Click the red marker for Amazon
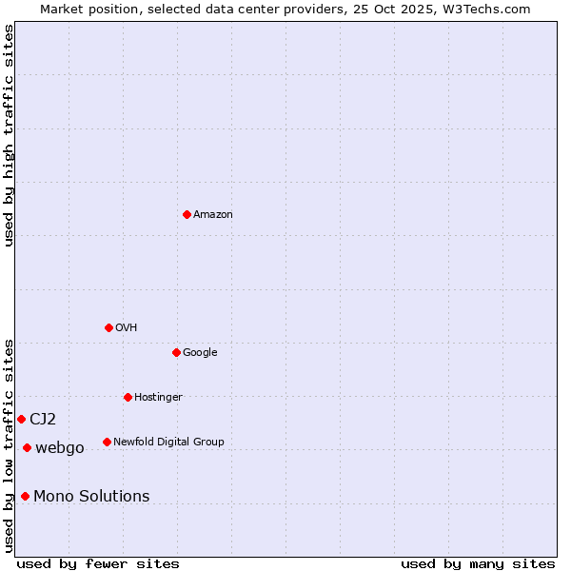(x=187, y=214)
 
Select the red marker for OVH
(x=108, y=327)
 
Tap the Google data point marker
(x=176, y=352)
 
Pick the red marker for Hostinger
(x=128, y=397)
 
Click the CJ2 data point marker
(x=21, y=419)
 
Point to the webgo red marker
(x=27, y=447)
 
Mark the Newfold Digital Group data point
(x=107, y=442)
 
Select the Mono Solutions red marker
(x=25, y=496)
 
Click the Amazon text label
(x=213, y=215)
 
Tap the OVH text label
(x=127, y=328)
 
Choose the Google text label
(x=200, y=353)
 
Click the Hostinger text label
(x=158, y=398)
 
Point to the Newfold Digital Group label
(x=168, y=442)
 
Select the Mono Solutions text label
(x=91, y=497)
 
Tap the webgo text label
(x=60, y=448)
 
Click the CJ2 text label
(x=43, y=420)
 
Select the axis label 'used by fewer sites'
(x=98, y=563)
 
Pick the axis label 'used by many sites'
(x=478, y=563)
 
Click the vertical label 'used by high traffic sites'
(x=10, y=135)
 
